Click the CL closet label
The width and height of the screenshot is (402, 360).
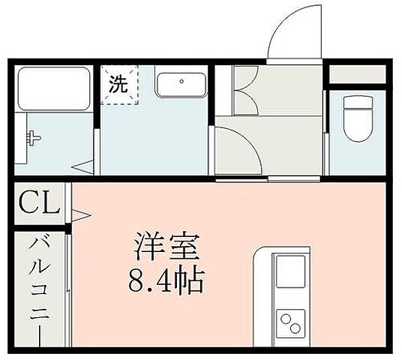[38, 203]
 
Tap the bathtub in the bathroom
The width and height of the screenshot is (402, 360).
[55, 88]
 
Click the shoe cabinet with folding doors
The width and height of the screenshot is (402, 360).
[247, 91]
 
